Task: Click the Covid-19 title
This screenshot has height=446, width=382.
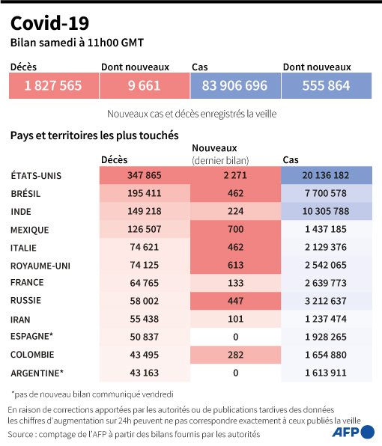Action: coord(50,23)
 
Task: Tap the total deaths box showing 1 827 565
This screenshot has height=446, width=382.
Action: coord(54,85)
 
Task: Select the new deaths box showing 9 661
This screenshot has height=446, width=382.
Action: coord(145,85)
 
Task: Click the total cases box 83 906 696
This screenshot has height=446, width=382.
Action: coord(235,85)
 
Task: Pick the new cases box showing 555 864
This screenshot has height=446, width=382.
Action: coord(327,85)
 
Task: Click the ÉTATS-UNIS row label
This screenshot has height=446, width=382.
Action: coord(36,176)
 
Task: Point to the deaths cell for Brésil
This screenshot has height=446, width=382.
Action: coord(145,193)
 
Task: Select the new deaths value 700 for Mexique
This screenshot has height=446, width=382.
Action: coord(236,229)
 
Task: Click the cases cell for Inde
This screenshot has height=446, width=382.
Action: coord(327,211)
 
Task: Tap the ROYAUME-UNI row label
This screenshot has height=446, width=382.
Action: coord(40,266)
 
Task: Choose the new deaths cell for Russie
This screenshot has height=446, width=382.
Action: coord(236,301)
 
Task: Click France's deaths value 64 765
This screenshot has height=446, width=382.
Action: coord(145,283)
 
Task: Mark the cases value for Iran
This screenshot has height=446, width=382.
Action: coord(326,319)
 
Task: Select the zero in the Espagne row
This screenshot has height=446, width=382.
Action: coord(236,337)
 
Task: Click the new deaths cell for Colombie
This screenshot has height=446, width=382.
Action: coord(236,355)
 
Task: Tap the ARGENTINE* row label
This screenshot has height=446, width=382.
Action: coord(37,373)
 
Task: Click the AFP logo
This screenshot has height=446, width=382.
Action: coord(354,432)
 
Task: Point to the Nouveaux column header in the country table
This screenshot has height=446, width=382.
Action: coord(215,148)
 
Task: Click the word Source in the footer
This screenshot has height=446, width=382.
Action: coord(20,434)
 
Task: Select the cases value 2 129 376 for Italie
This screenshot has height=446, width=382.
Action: coord(326,247)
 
